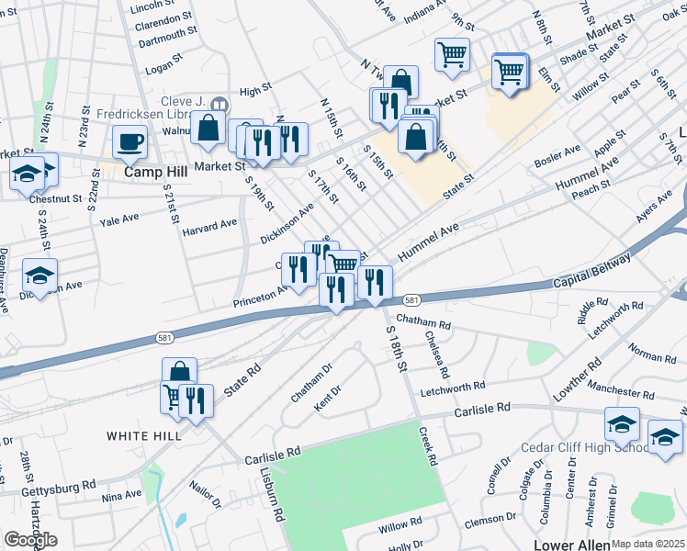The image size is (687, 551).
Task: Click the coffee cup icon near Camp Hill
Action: pyautogui.click(x=130, y=142)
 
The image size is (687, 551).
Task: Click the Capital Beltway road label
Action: pyautogui.click(x=591, y=272)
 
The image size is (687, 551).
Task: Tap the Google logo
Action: pyautogui.click(x=30, y=540)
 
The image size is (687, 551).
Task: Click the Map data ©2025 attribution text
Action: pyautogui.click(x=648, y=544)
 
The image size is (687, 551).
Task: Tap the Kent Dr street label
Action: pyautogui.click(x=328, y=391)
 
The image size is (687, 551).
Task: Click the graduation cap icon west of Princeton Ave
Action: pyautogui.click(x=39, y=275)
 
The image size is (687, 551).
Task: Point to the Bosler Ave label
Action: pyautogui.click(x=558, y=157)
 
